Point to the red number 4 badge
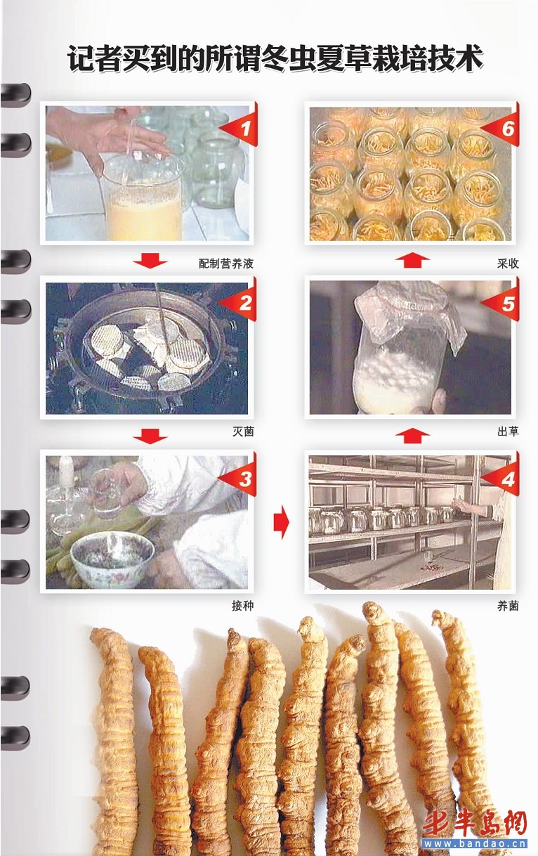[504, 476]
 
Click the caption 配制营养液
[226, 264]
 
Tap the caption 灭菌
[243, 432]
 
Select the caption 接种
[242, 606]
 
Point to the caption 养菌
[508, 606]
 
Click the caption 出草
[508, 432]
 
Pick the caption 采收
[508, 264]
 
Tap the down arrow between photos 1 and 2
[150, 260]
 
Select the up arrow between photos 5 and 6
[412, 260]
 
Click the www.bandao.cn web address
[475, 843]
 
